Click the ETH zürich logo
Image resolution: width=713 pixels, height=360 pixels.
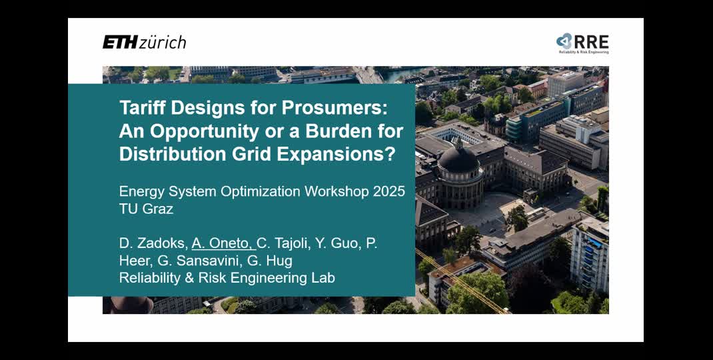pyautogui.click(x=144, y=42)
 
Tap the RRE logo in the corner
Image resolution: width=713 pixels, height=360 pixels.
pyautogui.click(x=582, y=43)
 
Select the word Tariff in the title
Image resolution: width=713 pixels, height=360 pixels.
pyautogui.click(x=142, y=107)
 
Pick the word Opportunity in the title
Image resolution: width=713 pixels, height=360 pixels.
pyautogui.click(x=196, y=131)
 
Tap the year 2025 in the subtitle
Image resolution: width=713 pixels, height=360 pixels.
pyautogui.click(x=389, y=191)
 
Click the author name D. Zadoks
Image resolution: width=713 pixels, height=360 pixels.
pyautogui.click(x=153, y=243)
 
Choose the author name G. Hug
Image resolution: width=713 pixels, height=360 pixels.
pyautogui.click(x=271, y=261)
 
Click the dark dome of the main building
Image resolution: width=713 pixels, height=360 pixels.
pyautogui.click(x=458, y=159)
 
